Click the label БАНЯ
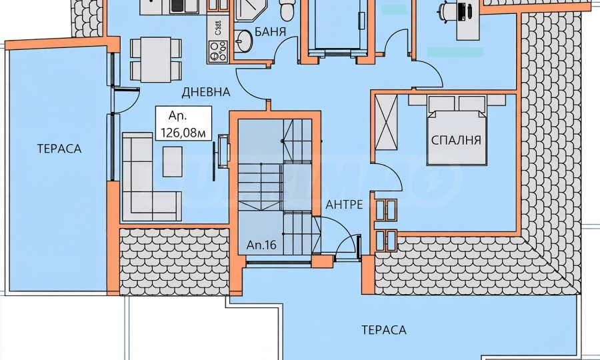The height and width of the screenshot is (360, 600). pos(271,31)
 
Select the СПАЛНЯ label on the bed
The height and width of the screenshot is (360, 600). pos(457,141)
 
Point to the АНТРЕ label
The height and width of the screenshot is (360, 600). pos(344,205)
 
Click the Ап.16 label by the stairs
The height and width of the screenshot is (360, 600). pos(262,245)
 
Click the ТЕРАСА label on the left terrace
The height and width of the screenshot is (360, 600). pos(59,149)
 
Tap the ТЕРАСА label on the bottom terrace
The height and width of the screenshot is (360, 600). pos(384,329)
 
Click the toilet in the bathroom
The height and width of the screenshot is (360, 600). pos(286,9)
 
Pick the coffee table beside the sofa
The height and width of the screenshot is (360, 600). pos(173,161)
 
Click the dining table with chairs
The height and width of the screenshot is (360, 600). pos(155,58)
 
